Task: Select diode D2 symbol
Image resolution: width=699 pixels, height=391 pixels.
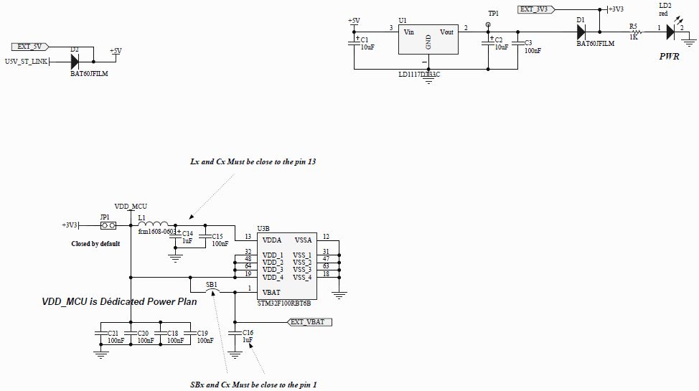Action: pos(75,62)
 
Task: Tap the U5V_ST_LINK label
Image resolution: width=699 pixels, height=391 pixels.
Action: pos(26,62)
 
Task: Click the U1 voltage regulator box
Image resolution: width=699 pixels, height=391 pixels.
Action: pos(428,39)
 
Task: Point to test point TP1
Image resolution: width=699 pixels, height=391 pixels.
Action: pos(488,24)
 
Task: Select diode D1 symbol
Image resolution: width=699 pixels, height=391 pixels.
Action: pos(581,32)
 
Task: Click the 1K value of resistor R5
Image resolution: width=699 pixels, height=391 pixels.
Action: pos(634,37)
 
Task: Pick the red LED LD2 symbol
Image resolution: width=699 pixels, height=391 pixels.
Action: pos(670,32)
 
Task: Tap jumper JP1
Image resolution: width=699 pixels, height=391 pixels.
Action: pos(108,225)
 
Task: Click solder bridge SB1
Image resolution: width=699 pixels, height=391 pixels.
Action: pos(213,289)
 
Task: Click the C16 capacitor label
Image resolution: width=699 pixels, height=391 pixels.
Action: pos(248,333)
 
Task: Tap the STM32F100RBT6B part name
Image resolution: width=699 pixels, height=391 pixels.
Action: pos(284,303)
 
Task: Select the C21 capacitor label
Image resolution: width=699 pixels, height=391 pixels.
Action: pos(113,334)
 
